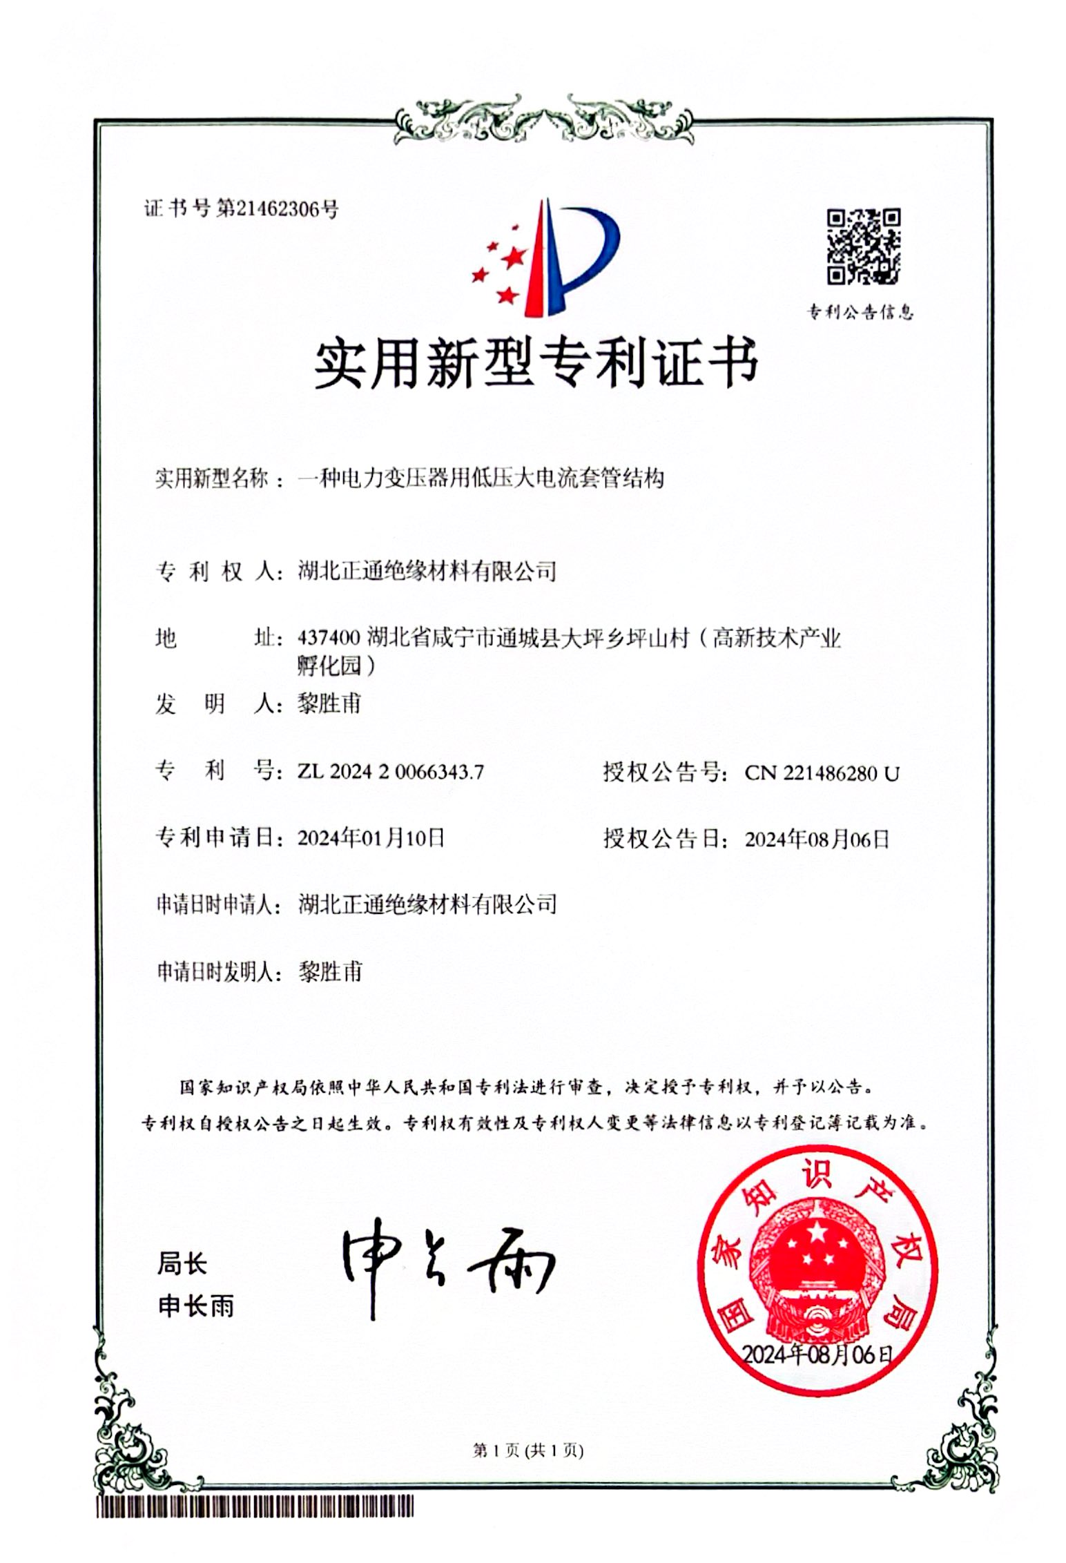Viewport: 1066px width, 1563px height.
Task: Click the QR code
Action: (x=863, y=246)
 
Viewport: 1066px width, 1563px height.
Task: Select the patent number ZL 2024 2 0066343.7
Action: (x=390, y=772)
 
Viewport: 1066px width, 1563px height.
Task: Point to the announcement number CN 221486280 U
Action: (x=822, y=773)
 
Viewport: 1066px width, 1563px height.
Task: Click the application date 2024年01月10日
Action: (x=371, y=838)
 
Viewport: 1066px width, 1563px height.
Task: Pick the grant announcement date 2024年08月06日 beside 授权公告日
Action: (x=817, y=839)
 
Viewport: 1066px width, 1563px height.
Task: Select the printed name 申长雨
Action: (x=196, y=1306)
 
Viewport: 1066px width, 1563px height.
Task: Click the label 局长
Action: (x=182, y=1264)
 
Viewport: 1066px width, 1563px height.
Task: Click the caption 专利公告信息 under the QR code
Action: (x=860, y=313)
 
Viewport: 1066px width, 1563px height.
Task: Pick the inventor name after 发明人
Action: (x=329, y=703)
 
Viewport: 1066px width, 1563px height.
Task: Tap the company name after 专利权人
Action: (x=427, y=571)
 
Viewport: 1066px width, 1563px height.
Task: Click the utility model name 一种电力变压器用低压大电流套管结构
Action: (x=481, y=478)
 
